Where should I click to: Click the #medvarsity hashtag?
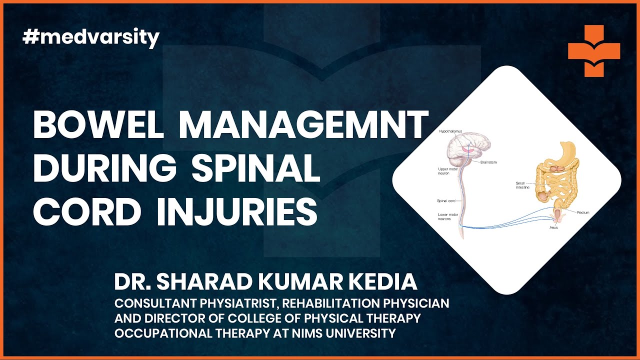pyautogui.click(x=91, y=38)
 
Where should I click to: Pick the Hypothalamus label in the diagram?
pyautogui.click(x=450, y=131)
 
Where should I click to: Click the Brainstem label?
pyautogui.click(x=489, y=162)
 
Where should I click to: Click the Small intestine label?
pyautogui.click(x=523, y=185)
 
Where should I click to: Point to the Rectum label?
pyautogui.click(x=583, y=212)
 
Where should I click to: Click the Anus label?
pyautogui.click(x=553, y=227)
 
